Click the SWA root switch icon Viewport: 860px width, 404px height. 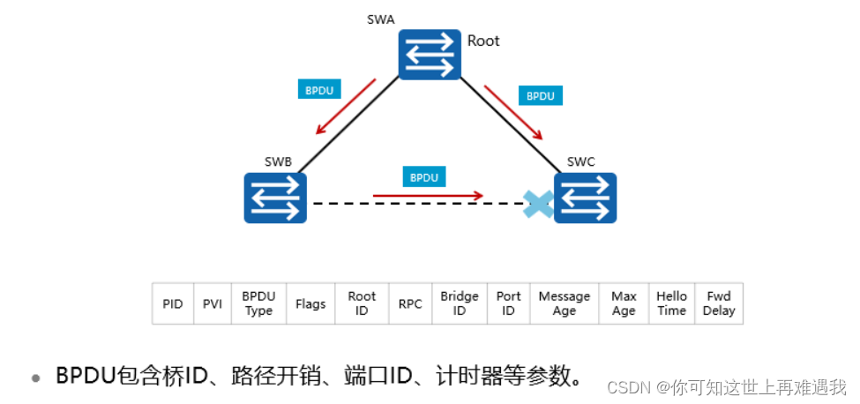(x=430, y=55)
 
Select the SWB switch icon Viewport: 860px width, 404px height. (x=276, y=198)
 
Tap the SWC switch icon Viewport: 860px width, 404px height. (x=585, y=198)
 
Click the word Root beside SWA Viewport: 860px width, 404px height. (x=483, y=41)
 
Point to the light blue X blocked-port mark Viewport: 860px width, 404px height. (x=538, y=205)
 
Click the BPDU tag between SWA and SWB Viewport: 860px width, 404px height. (x=320, y=90)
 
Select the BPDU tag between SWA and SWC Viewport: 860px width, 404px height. (x=541, y=95)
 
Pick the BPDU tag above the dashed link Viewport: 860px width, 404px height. (x=424, y=177)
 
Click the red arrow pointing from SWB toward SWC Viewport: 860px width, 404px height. (x=428, y=194)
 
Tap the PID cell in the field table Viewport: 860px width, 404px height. (x=173, y=304)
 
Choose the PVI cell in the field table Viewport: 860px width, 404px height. (x=212, y=304)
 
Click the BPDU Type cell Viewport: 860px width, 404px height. (x=258, y=304)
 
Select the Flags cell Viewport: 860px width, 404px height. (x=310, y=304)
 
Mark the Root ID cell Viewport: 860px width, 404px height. (x=362, y=304)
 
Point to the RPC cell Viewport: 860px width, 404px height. (x=410, y=304)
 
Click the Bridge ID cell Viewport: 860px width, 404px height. (x=460, y=304)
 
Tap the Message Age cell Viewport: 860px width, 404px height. (x=565, y=304)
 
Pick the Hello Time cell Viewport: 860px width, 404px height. (x=672, y=304)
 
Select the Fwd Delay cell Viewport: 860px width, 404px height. (x=719, y=304)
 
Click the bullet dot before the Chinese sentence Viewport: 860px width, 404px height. (x=36, y=378)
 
